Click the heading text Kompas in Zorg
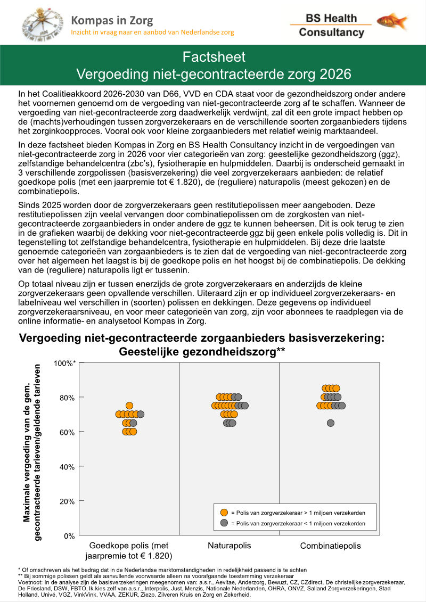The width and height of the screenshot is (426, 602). click(x=112, y=21)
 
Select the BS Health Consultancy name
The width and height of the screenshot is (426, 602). click(x=331, y=25)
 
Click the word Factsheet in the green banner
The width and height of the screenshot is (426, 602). click(x=214, y=57)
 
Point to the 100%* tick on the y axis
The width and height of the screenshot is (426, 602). click(x=64, y=363)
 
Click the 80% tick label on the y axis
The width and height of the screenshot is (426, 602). click(x=67, y=397)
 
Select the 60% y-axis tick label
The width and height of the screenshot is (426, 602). click(x=67, y=432)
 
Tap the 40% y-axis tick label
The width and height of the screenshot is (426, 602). click(x=67, y=466)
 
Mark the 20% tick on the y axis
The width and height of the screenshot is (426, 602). click(x=67, y=501)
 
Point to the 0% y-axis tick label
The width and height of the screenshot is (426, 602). click(x=69, y=535)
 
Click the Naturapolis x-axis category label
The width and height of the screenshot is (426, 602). click(x=229, y=546)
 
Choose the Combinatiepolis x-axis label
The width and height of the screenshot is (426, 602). click(x=330, y=546)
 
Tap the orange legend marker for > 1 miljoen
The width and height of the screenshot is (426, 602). click(x=224, y=513)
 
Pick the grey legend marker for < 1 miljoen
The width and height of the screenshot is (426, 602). click(x=224, y=524)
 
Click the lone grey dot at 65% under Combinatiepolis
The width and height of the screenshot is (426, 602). click(x=331, y=423)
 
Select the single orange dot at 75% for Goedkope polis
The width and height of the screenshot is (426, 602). click(x=129, y=406)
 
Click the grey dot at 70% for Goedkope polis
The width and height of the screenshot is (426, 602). click(x=141, y=414)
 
